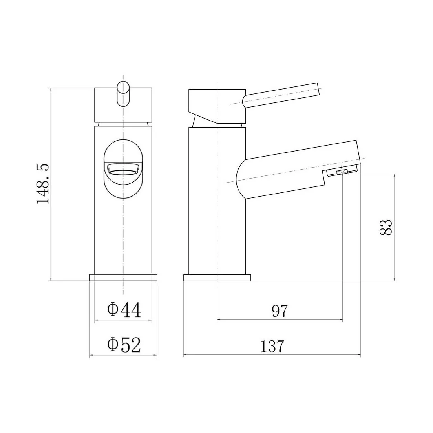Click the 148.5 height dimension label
pos(43,184)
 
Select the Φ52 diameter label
pos(124,345)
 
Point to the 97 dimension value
pos(280,311)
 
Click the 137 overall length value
pos(272,346)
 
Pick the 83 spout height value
pos(386,227)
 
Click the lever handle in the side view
pos(281,95)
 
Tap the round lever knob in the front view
pos(123,93)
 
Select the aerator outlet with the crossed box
pos(342,173)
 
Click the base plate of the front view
pos(123,278)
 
